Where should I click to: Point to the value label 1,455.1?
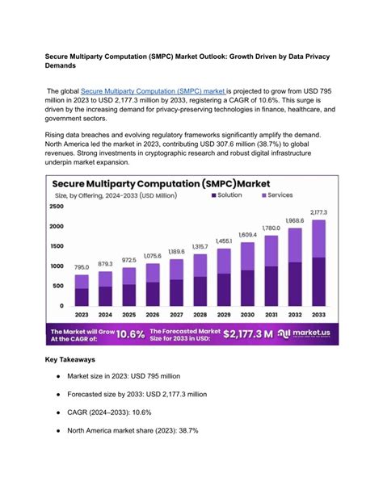(223, 241)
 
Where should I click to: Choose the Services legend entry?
(277, 195)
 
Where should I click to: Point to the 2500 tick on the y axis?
(57, 207)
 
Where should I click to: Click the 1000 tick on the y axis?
(57, 266)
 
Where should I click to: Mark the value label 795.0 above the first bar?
(82, 267)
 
